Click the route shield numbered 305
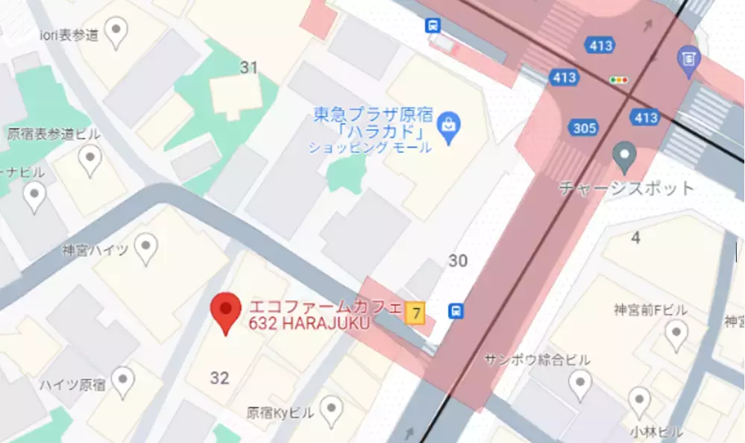(x=585, y=128)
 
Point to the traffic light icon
(x=618, y=80)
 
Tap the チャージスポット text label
(x=626, y=188)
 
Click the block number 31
(x=248, y=68)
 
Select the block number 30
(x=458, y=260)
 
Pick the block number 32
(x=219, y=378)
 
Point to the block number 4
(x=635, y=238)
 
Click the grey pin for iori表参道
(x=116, y=31)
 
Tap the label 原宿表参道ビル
(x=54, y=134)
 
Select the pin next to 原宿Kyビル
(x=331, y=408)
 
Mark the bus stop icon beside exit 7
(x=454, y=310)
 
